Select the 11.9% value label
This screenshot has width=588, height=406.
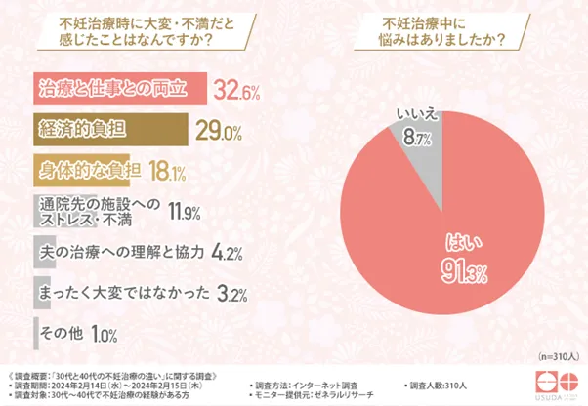(186, 210)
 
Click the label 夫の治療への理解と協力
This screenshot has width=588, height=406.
(120, 251)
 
